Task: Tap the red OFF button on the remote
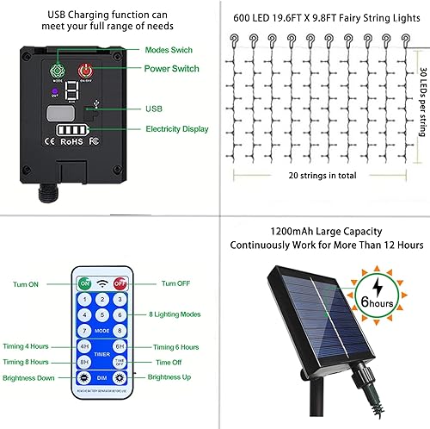(x=120, y=283)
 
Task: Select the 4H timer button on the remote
(x=84, y=345)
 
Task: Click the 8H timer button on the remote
(x=84, y=362)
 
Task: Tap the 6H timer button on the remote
(x=120, y=345)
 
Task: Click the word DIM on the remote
(x=102, y=377)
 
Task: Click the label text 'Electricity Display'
(x=176, y=129)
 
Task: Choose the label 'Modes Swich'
(x=169, y=51)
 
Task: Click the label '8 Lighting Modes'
(x=176, y=314)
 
